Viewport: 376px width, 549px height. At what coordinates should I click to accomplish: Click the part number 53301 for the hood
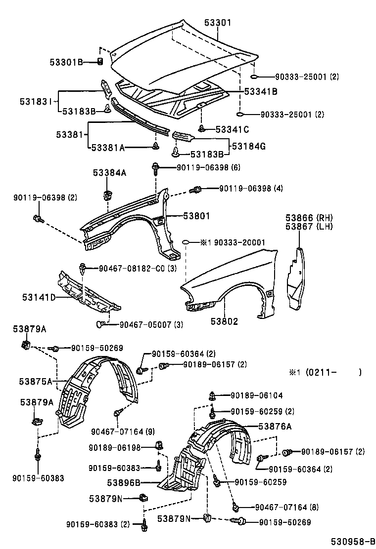[x=218, y=23]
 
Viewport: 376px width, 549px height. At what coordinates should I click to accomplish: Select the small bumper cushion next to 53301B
[x=99, y=62]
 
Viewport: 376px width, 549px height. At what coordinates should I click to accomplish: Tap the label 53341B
[x=260, y=91]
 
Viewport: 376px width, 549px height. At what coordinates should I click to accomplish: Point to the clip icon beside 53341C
[x=202, y=129]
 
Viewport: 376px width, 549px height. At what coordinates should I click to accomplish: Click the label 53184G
[x=248, y=146]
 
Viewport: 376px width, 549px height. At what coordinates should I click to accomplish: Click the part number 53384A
[x=109, y=172]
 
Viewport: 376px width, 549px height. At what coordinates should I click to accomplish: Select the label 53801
[x=196, y=216]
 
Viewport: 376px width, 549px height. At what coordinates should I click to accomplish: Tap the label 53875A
[x=36, y=381]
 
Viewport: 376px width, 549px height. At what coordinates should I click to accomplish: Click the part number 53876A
[x=275, y=427]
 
